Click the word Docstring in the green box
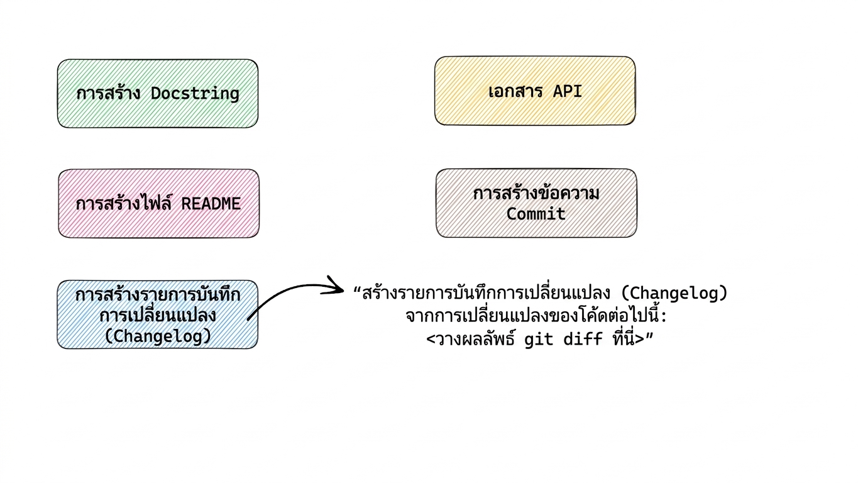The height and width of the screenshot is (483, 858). coord(195,94)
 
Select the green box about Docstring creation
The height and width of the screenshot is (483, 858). coord(158,94)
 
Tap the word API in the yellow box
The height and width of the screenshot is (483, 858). coord(567,91)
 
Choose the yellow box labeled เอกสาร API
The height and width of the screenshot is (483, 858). coord(535,91)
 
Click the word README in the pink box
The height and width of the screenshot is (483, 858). coord(211,204)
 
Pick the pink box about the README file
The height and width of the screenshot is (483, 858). coord(158,204)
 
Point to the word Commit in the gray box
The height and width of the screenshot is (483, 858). coord(536,214)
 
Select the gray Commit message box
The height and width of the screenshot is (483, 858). coord(536,203)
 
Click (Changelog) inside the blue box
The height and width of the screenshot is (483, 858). coord(158,336)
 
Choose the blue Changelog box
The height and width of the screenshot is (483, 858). coord(157,314)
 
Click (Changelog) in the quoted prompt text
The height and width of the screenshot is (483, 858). coord(674,294)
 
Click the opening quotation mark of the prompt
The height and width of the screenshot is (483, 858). coord(358,290)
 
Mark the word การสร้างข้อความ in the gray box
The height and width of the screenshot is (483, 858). coord(536,193)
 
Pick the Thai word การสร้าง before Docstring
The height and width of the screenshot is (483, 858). coord(108,93)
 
